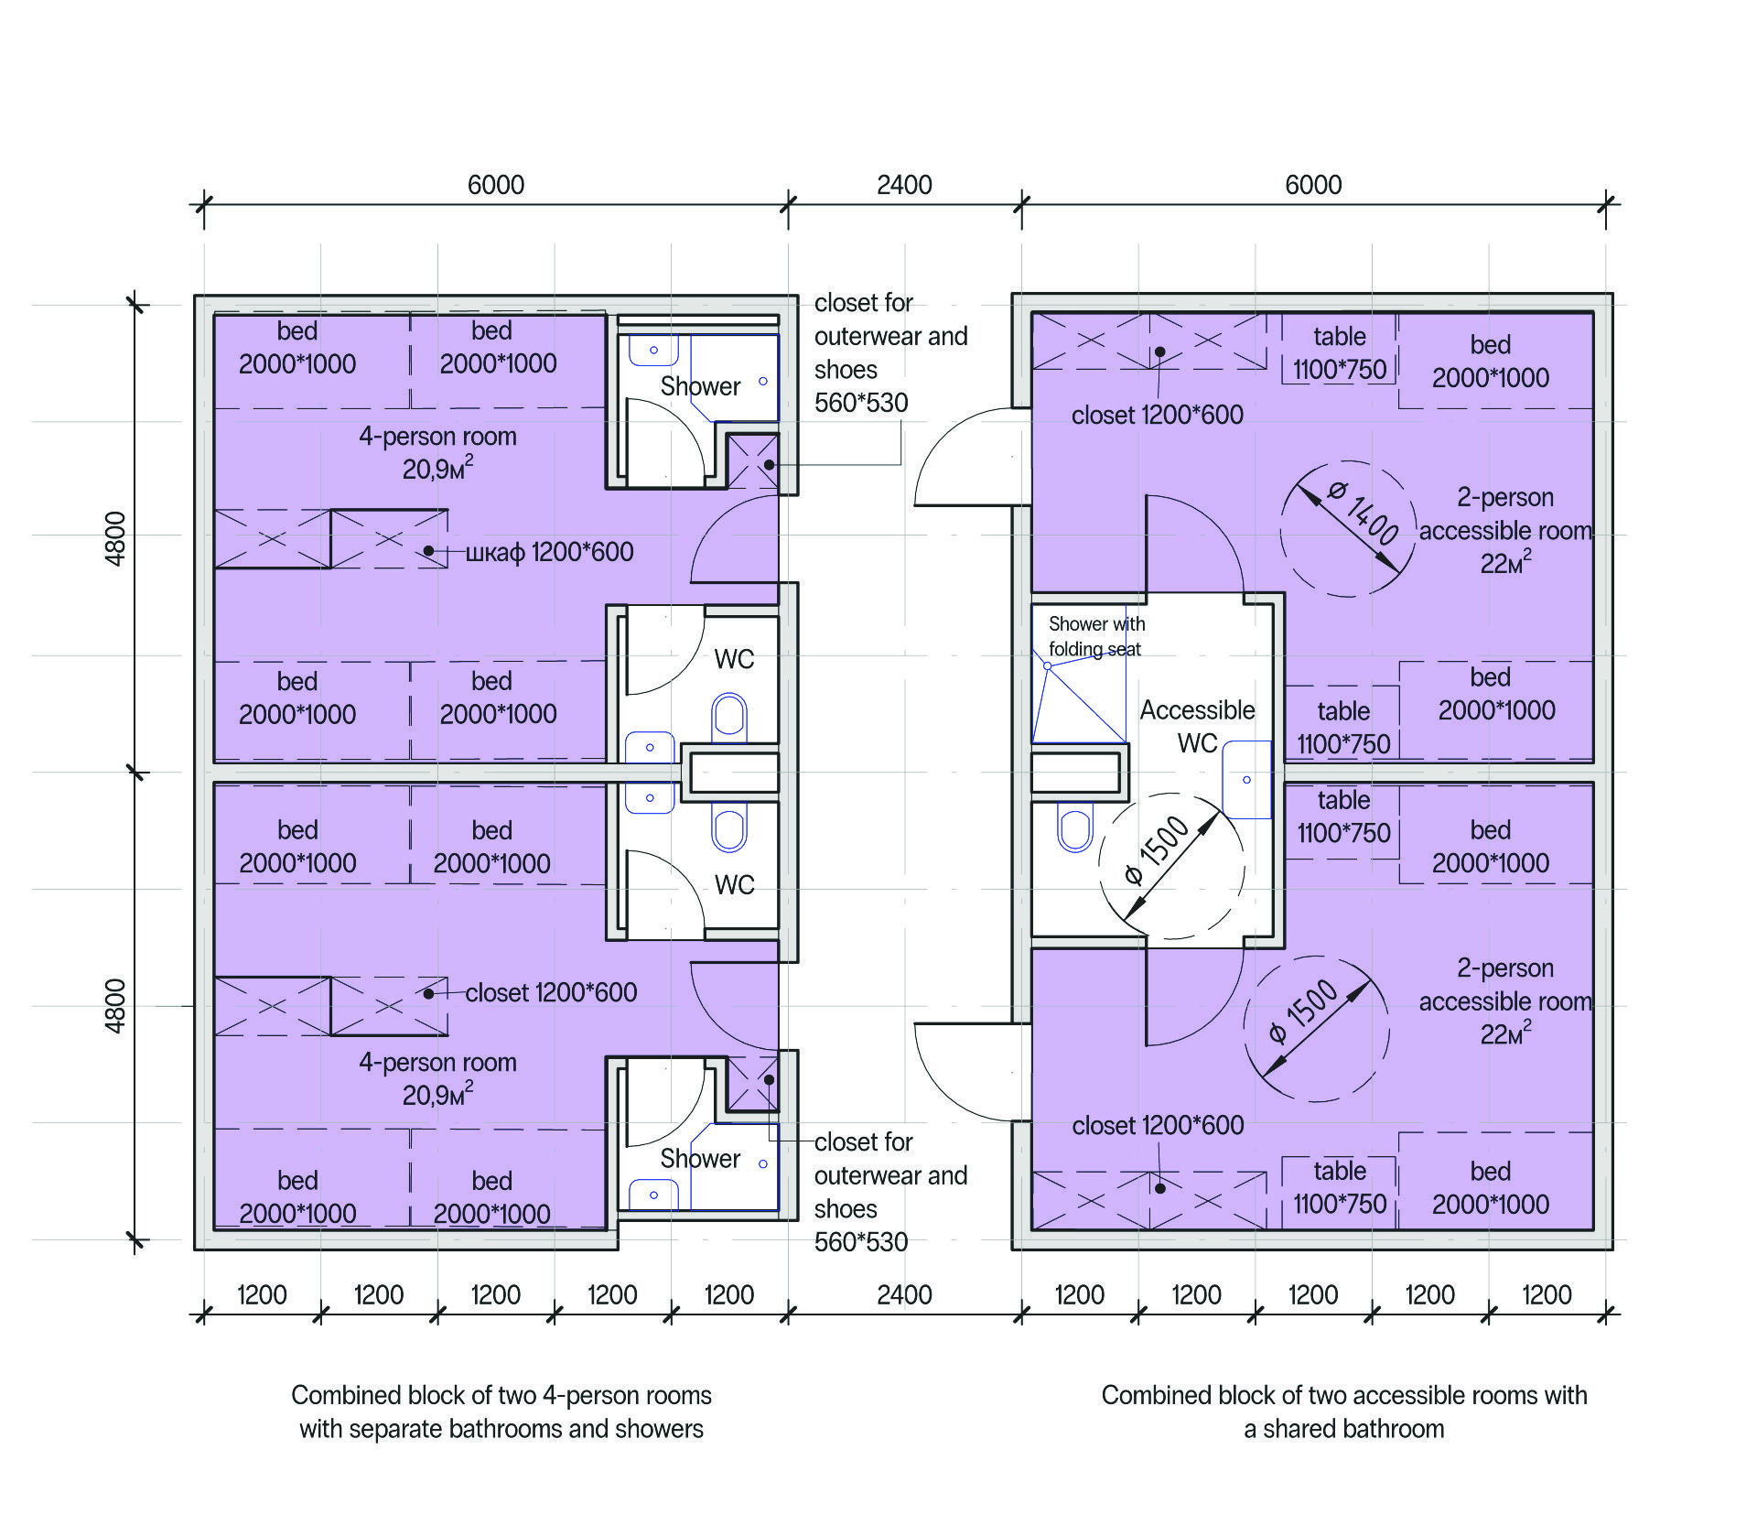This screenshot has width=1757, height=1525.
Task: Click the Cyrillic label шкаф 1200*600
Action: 549,552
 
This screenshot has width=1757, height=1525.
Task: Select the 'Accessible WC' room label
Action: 1197,726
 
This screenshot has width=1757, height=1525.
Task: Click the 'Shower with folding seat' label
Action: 1096,636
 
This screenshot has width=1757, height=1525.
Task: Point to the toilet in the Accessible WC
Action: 1075,827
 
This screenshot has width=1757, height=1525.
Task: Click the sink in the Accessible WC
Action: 1247,779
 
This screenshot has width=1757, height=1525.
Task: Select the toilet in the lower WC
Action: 729,827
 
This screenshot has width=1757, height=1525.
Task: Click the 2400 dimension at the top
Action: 904,185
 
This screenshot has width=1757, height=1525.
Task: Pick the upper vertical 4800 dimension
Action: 115,538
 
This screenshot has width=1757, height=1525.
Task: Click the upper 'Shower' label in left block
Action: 700,386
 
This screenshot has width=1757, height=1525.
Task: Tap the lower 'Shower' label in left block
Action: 700,1159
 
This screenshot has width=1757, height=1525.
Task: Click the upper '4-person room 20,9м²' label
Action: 437,452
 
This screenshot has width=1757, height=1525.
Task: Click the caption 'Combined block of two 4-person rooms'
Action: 501,1395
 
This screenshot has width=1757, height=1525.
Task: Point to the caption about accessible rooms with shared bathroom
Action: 1344,1411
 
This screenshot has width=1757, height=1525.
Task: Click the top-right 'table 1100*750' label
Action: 1340,353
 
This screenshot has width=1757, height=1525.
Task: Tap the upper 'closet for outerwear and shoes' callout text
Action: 890,352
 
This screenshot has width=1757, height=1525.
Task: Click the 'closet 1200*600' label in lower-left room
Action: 551,992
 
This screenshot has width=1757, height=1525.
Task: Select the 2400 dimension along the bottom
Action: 904,1295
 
